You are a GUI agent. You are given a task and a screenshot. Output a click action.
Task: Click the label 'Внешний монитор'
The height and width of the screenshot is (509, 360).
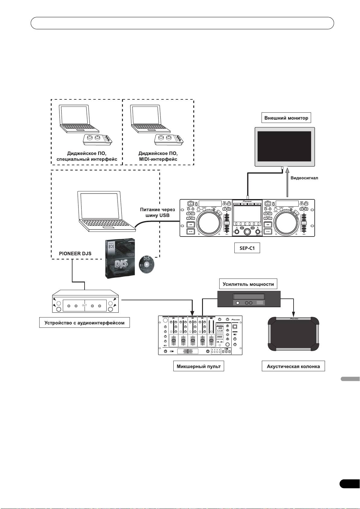pyautogui.click(x=286, y=118)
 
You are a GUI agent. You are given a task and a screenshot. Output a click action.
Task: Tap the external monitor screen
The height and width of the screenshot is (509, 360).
pyautogui.click(x=285, y=147)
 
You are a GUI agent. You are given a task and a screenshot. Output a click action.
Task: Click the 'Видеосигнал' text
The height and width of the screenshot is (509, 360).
pyautogui.click(x=304, y=178)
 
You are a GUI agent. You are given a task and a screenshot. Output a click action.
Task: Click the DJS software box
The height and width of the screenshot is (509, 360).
pyautogui.click(x=119, y=258)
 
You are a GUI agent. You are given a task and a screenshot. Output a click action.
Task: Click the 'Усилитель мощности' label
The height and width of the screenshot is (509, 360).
pyautogui.click(x=248, y=284)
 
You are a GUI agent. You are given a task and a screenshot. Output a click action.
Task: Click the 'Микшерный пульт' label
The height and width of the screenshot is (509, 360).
pyautogui.click(x=198, y=367)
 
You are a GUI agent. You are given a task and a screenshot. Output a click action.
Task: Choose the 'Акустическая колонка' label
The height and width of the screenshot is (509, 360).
pyautogui.click(x=293, y=367)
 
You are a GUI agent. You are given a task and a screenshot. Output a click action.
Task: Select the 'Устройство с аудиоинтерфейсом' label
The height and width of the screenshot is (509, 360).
pyautogui.click(x=85, y=323)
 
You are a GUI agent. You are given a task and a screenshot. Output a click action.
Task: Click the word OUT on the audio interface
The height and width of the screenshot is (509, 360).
pyautogui.click(x=84, y=305)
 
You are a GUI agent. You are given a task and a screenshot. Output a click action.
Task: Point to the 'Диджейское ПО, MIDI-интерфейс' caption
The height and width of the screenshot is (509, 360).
pyautogui.click(x=158, y=156)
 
